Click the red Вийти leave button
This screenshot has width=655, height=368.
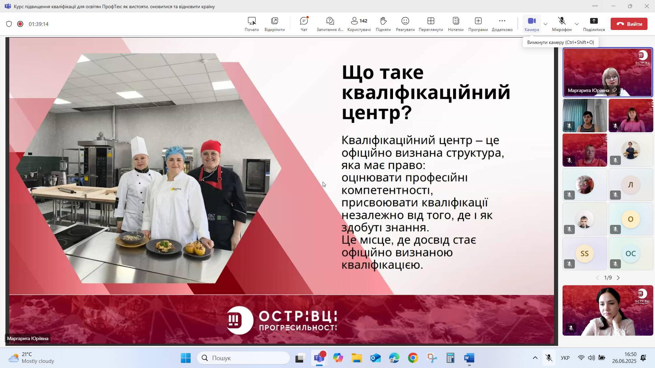629,24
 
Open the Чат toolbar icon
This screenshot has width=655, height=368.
304,21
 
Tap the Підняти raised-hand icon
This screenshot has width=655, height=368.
383,21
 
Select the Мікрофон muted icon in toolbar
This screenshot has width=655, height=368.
562,21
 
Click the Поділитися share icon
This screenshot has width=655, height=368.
594,21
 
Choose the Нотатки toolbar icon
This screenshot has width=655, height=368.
456,21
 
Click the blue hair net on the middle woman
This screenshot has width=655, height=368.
175,154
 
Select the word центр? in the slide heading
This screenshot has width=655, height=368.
377,113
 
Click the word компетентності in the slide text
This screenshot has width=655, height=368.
387,190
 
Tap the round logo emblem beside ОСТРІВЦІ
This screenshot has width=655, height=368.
240,320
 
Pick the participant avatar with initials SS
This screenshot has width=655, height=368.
585,254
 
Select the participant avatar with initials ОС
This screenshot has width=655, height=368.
630,254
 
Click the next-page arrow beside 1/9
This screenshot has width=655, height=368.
618,278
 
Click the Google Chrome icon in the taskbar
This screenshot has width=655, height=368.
413,358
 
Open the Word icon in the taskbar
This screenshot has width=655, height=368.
469,358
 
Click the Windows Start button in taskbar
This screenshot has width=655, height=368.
186,358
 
